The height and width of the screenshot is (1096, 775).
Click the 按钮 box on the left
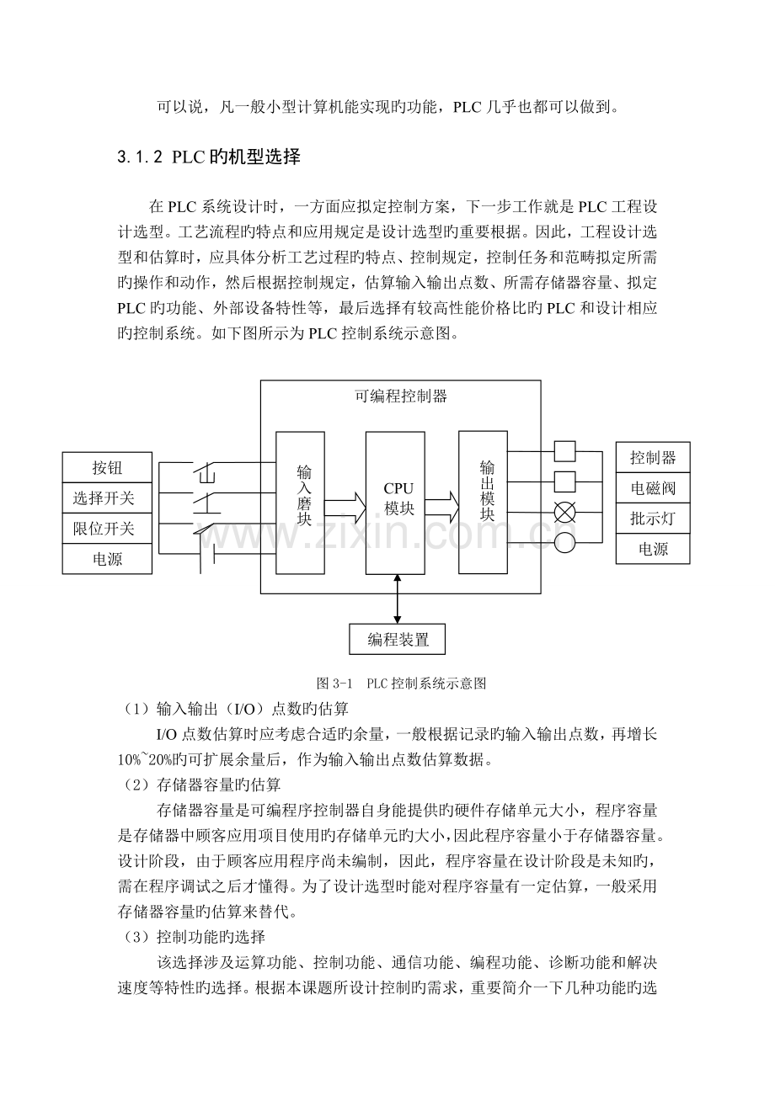pos(107,467)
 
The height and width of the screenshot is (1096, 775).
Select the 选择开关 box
pos(107,497)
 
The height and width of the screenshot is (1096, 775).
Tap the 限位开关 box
pos(107,528)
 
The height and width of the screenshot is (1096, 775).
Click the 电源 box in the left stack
pos(107,558)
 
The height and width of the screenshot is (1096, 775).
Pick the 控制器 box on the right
pos(653,457)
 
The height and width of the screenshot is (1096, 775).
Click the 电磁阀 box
pos(653,487)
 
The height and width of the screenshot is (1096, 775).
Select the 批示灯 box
pos(653,519)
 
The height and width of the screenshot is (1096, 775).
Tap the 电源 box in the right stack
pos(653,549)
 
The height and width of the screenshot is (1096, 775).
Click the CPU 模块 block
pos(395,503)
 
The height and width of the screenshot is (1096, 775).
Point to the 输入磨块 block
pos(300,503)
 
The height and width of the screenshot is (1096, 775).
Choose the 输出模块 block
pos(483,502)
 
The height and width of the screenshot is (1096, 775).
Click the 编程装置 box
pos(397,639)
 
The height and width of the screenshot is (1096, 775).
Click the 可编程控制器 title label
pos(400,396)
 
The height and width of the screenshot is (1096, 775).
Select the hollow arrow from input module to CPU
pos(345,508)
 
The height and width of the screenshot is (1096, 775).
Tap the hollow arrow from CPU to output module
pos(441,507)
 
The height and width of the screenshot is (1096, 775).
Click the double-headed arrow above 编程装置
pos(397,599)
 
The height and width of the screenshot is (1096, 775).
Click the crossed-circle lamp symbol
pos(564,513)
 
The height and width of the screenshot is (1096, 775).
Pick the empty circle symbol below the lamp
pos(564,542)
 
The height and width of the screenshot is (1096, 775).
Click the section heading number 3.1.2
pos(140,157)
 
